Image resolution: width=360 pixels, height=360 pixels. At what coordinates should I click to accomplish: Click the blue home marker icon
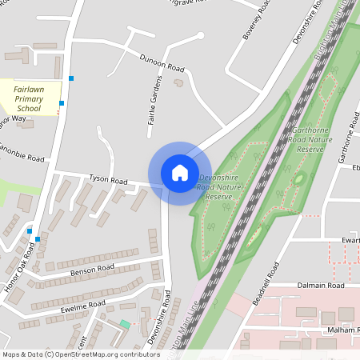click(179, 173)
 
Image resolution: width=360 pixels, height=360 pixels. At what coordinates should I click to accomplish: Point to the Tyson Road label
click(108, 180)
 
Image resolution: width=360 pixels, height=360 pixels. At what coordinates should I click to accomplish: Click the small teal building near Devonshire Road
click(125, 324)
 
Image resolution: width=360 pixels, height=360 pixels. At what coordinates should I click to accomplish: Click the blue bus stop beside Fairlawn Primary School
click(62, 102)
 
